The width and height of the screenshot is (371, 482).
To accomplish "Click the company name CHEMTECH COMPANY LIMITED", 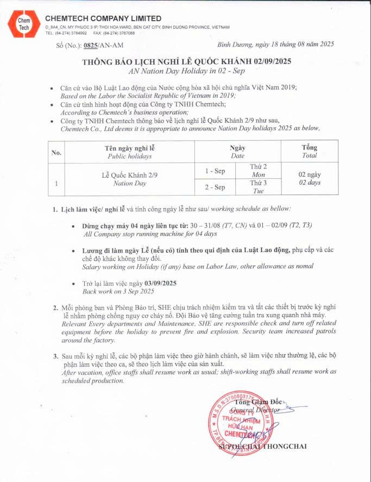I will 103,18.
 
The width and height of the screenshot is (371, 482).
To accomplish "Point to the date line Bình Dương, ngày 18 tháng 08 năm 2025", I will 275,44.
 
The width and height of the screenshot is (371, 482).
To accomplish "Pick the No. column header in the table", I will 56,152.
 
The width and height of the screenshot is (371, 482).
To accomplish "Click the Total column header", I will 310,152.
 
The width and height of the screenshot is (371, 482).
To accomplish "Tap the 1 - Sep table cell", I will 215,171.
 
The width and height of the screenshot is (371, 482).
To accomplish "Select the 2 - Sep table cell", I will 215,187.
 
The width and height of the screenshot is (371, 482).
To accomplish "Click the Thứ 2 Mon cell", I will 258,171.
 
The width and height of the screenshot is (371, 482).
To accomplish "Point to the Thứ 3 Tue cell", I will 258,187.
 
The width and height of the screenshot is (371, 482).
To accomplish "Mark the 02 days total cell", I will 310,179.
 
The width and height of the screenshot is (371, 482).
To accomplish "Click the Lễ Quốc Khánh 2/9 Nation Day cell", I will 129,179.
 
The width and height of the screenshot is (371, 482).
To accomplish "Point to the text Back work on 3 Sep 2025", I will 118,291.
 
